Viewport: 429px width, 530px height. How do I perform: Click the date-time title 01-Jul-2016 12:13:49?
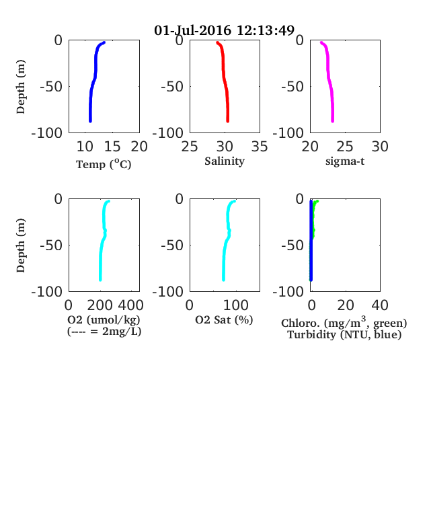[225, 30]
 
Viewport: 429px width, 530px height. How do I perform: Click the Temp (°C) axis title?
[104, 164]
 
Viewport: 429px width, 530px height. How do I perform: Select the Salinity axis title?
[225, 161]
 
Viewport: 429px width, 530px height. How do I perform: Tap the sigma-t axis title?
[345, 161]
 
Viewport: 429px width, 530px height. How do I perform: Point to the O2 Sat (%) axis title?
[224, 319]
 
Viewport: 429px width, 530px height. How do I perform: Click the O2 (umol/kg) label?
[104, 319]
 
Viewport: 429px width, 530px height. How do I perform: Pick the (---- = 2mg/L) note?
[104, 331]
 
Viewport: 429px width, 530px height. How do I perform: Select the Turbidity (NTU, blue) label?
[344, 335]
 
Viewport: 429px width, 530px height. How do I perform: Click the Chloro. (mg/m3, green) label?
[344, 322]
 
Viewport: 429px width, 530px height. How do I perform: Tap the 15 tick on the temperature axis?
[112, 147]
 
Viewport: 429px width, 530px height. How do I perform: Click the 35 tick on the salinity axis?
[260, 147]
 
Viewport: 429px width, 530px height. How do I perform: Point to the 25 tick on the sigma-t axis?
[345, 147]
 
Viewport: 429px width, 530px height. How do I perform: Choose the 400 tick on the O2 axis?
[130, 305]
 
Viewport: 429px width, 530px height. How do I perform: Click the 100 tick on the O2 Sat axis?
[236, 305]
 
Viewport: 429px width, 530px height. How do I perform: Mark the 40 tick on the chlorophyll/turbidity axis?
[380, 305]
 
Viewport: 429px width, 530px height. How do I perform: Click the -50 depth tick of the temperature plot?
[51, 87]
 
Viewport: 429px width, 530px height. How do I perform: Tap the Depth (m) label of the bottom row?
[21, 245]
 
